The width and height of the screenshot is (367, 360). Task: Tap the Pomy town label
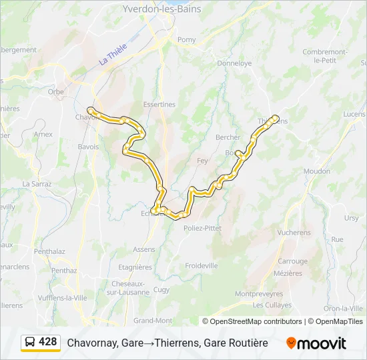pyautogui.click(x=187, y=40)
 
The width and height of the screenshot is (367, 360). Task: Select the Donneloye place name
pyautogui.click(x=234, y=64)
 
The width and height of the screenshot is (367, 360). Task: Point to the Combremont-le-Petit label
pyautogui.click(x=328, y=56)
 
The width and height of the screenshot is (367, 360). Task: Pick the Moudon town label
pyautogui.click(x=316, y=171)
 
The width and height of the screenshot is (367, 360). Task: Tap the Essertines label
pyautogui.click(x=159, y=105)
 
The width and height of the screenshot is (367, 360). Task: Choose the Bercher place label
pyautogui.click(x=228, y=137)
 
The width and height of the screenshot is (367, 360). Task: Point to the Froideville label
pyautogui.click(x=202, y=265)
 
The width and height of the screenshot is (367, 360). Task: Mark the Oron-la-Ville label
pyautogui.click(x=343, y=308)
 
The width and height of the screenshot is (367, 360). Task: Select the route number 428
pyautogui.click(x=48, y=342)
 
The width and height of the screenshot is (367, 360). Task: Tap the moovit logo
pyautogui.click(x=316, y=343)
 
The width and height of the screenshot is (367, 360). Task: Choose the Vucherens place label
pyautogui.click(x=294, y=233)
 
